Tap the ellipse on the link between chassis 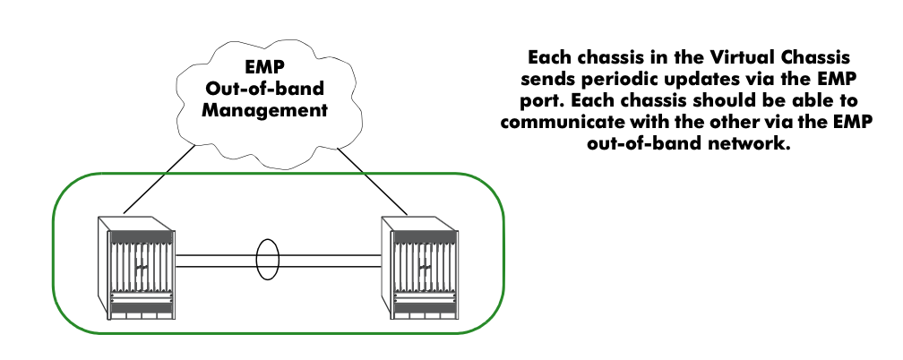tap(267, 260)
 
